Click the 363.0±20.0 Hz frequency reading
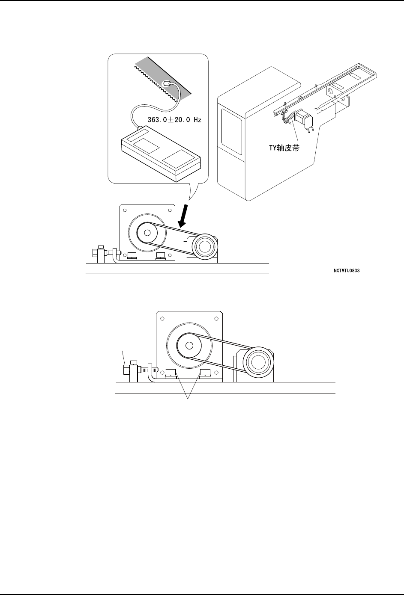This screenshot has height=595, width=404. click(174, 120)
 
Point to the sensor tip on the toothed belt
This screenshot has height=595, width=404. click(168, 83)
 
